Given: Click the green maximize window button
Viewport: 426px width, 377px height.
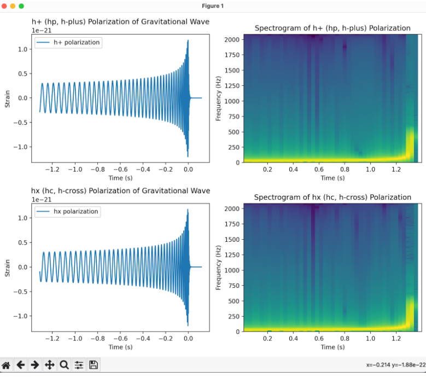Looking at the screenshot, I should pyautogui.click(x=21, y=5).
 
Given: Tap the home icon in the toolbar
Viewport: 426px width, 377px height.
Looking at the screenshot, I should pyautogui.click(x=7, y=365).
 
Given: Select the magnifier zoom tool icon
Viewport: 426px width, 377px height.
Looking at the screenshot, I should pyautogui.click(x=64, y=365).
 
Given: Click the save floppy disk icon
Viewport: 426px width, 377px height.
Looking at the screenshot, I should pyautogui.click(x=93, y=365).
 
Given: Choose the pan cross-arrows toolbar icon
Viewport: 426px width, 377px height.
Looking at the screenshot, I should pyautogui.click(x=50, y=365).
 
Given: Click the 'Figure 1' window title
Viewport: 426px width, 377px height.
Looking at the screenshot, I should pyautogui.click(x=213, y=5).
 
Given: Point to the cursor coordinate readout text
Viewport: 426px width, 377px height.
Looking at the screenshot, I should pyautogui.click(x=395, y=366).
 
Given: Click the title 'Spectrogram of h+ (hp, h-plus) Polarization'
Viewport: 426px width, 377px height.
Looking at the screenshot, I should pyautogui.click(x=332, y=28).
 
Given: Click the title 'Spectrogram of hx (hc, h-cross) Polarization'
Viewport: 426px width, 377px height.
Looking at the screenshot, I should pyautogui.click(x=332, y=197).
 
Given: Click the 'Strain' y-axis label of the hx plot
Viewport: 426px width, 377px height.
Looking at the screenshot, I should pyautogui.click(x=8, y=266).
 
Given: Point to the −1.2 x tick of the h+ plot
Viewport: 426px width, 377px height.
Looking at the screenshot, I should pyautogui.click(x=52, y=170).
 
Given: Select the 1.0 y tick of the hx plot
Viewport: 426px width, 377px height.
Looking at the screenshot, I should pyautogui.click(x=22, y=218).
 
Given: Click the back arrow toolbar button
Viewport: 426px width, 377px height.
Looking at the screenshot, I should pyautogui.click(x=21, y=365).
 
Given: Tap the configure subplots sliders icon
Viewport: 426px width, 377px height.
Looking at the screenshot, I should pyautogui.click(x=79, y=365).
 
